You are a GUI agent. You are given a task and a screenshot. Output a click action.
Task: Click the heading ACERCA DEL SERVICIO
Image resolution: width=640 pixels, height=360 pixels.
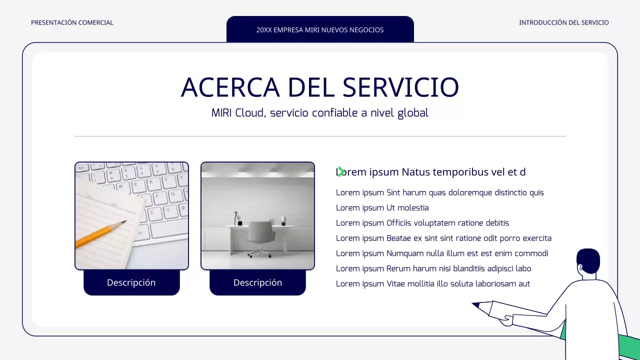click(x=320, y=87)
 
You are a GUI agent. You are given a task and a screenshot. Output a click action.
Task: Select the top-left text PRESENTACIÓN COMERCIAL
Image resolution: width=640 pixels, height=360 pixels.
click(x=72, y=22)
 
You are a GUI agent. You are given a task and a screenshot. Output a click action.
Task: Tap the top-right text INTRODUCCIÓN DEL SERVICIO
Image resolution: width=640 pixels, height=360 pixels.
click(x=563, y=22)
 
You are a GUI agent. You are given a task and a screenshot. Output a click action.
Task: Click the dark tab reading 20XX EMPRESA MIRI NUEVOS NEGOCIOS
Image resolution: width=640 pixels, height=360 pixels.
click(x=320, y=29)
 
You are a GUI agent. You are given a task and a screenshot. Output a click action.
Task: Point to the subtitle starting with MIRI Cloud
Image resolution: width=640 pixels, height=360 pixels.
click(x=320, y=113)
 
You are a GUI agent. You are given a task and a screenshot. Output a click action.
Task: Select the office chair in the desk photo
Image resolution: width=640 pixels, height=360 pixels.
click(x=261, y=238)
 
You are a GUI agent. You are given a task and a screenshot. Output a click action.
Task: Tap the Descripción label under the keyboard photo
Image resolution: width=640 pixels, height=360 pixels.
click(x=131, y=282)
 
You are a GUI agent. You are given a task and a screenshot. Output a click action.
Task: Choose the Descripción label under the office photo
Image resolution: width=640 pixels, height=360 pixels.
click(x=257, y=282)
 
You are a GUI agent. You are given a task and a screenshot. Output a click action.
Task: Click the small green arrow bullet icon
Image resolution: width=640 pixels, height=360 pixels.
click(x=340, y=171)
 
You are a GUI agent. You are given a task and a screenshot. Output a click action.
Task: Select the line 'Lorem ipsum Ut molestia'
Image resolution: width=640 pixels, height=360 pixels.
click(x=382, y=207)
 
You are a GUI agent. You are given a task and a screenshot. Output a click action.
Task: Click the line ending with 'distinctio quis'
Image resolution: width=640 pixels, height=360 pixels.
click(x=439, y=192)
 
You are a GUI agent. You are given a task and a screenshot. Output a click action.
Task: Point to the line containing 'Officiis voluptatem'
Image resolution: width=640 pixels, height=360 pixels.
click(x=422, y=223)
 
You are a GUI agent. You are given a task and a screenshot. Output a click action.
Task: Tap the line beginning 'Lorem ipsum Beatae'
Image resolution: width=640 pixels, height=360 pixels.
click(x=443, y=238)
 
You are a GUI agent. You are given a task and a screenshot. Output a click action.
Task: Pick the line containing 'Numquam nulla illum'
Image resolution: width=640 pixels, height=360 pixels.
click(x=442, y=253)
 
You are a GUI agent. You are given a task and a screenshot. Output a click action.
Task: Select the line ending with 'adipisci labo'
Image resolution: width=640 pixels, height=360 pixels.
click(x=433, y=268)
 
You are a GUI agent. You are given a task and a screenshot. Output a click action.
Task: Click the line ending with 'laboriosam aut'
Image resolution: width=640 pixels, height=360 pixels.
click(x=433, y=284)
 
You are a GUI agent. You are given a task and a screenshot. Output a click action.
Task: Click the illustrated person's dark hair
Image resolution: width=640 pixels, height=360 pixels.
click(x=588, y=259)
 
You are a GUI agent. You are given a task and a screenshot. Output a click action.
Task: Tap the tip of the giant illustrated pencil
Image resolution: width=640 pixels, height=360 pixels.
click(x=475, y=304)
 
